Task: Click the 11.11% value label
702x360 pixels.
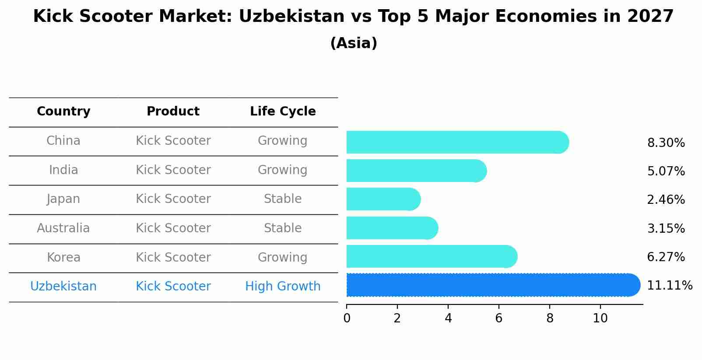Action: [x=669, y=286]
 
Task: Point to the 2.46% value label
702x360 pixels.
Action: [x=665, y=200]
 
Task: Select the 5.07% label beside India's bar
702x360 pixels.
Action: [x=665, y=171]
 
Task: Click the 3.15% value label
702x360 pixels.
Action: [x=665, y=228]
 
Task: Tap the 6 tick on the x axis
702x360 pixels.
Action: [x=498, y=318]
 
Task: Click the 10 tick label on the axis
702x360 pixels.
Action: [x=600, y=318]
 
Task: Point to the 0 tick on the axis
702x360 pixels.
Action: [x=347, y=318]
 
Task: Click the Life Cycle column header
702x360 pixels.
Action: [x=283, y=112]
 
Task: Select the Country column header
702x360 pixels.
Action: [x=63, y=112]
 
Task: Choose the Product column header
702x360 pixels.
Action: [x=173, y=112]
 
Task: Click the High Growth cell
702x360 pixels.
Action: [x=283, y=287]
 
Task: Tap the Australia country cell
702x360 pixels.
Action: [x=63, y=228]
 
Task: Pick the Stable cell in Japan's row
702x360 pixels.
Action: [x=283, y=199]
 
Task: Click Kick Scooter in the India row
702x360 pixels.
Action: [x=173, y=170]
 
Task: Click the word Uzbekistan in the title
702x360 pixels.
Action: [x=291, y=17]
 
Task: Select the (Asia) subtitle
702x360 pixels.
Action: [x=354, y=43]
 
